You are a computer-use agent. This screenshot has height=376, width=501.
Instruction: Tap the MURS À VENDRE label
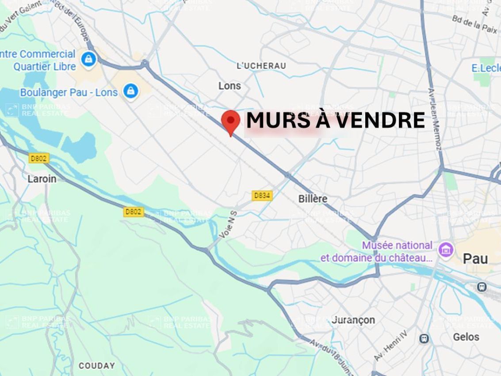click(335, 120)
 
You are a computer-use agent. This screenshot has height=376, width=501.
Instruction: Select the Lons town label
click(229, 86)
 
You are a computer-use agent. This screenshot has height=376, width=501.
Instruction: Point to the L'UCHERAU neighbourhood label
click(261, 66)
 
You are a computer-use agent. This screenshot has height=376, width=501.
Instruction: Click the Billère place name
click(313, 199)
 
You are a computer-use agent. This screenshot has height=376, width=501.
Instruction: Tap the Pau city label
click(475, 259)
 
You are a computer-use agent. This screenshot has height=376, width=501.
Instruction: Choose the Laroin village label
click(42, 179)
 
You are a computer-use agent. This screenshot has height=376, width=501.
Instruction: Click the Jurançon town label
click(353, 320)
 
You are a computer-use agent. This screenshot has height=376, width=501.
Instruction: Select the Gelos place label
click(466, 337)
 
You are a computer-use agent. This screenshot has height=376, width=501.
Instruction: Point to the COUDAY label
click(96, 366)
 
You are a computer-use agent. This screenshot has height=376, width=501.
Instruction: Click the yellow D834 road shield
click(262, 195)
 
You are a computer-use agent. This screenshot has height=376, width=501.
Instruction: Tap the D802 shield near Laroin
click(39, 158)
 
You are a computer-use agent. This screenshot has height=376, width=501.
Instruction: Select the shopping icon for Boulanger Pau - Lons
click(130, 92)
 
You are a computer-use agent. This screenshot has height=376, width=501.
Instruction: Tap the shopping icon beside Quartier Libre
click(89, 58)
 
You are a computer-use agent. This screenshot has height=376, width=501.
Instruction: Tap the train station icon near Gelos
click(424, 339)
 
